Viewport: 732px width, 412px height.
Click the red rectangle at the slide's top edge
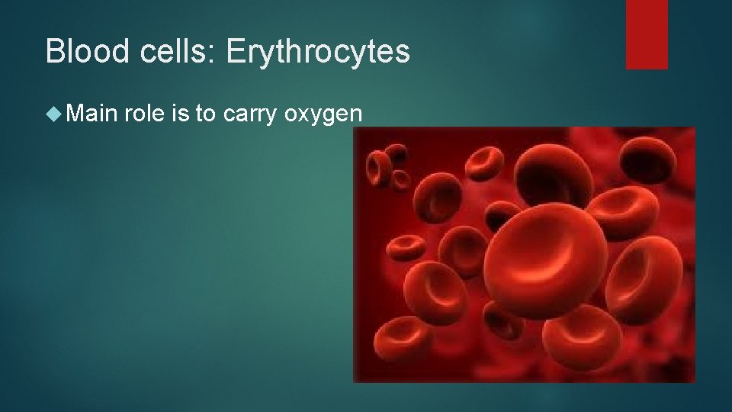pyautogui.click(x=647, y=34)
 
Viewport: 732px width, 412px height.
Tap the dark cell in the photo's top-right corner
pyautogui.click(x=656, y=156)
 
